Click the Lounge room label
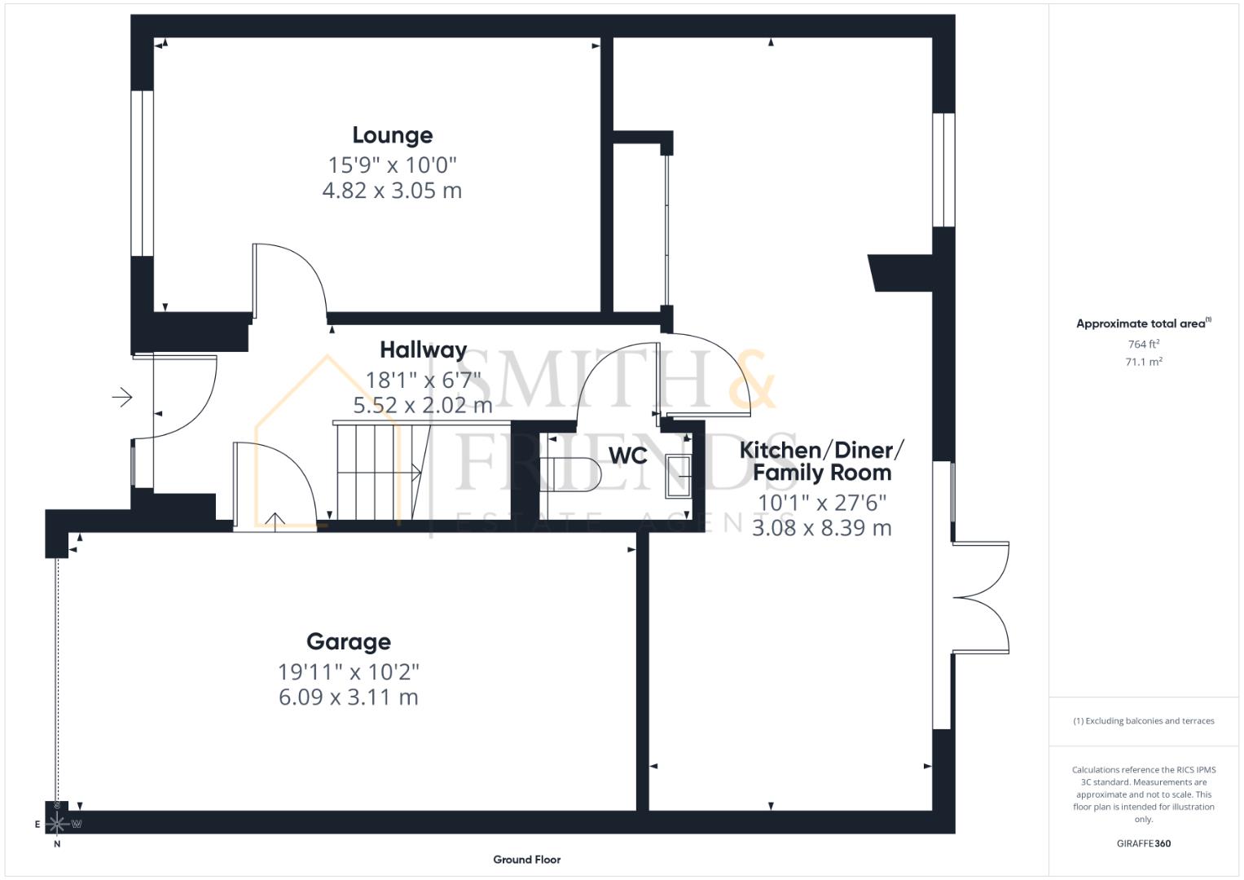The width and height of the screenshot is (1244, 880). pos(392,135)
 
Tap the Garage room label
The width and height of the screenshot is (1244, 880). pos(348,642)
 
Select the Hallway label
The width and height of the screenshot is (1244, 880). pos(423,350)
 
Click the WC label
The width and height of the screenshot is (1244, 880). pos(628,456)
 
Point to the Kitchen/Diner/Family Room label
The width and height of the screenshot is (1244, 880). pos(821,461)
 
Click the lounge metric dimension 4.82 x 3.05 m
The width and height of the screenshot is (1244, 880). pos(392,191)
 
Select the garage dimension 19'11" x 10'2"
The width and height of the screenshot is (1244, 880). pos(348,672)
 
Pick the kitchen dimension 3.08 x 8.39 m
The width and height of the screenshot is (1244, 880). pos(821,528)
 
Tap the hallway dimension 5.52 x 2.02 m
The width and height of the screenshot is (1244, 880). pos(423,405)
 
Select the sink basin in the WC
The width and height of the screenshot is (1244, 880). pos(679,476)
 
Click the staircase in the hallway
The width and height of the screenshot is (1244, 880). pos(377,470)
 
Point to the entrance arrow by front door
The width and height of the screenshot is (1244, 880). pos(122,398)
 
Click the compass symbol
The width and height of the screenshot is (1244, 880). pos(57,823)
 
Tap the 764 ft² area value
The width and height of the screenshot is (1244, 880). pos(1143,345)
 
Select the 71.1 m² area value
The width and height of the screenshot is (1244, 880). pos(1143,362)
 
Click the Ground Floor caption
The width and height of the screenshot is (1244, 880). pos(526,860)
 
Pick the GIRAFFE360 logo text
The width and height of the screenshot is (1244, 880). pos(1143,843)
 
